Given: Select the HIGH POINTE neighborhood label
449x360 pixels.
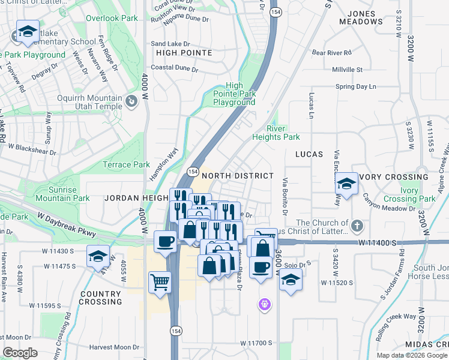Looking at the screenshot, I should coord(184,53).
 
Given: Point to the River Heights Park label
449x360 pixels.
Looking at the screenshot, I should coord(283,133).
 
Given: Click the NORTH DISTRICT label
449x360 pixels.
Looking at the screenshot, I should coord(238,176).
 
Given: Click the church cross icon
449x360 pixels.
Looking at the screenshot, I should coord(357,226).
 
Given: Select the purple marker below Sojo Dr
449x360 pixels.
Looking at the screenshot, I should coord(264,305).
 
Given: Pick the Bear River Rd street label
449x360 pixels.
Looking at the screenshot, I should coord(331,53).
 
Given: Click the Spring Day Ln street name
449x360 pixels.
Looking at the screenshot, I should coord(356,86).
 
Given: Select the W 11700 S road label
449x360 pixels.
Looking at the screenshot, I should coord(256,343).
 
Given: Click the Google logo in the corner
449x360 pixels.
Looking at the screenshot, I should coord(20,353).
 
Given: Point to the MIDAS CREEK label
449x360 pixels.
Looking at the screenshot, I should coord(426,344).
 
